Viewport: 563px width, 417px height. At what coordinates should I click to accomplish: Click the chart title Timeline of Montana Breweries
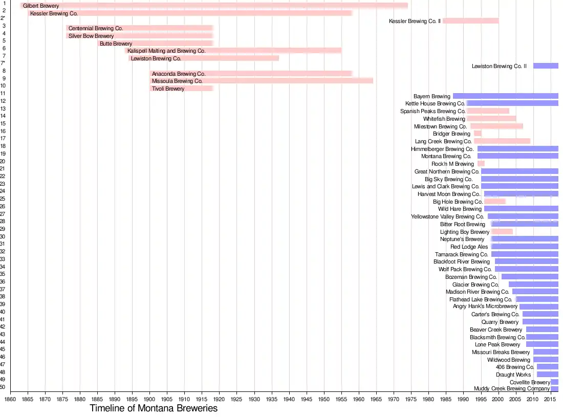154,408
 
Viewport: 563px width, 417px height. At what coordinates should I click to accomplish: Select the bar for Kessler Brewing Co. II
470,21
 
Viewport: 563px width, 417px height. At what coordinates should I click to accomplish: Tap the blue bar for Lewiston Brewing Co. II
546,66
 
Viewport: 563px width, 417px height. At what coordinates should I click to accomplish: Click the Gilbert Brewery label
41,6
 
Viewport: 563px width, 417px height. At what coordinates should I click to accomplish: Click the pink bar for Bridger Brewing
478,134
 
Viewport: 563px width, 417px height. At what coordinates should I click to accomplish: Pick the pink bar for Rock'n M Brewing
481,164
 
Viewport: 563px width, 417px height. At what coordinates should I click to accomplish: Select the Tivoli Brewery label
168,89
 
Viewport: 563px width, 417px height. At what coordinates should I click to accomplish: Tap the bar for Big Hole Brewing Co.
494,202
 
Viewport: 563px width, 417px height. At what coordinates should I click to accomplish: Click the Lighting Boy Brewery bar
502,232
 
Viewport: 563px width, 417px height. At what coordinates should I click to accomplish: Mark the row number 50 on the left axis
3,387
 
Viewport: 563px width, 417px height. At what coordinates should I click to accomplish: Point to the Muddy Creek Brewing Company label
512,388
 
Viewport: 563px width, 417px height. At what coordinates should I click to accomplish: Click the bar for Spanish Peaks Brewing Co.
488,111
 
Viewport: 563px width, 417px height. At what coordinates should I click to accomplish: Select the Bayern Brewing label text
432,96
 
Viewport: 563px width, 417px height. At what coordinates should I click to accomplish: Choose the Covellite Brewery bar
554,382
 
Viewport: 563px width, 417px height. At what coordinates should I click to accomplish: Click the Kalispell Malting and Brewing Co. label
166,51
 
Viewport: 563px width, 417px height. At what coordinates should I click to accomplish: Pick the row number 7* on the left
3,63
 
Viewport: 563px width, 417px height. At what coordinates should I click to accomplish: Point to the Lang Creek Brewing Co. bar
502,141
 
